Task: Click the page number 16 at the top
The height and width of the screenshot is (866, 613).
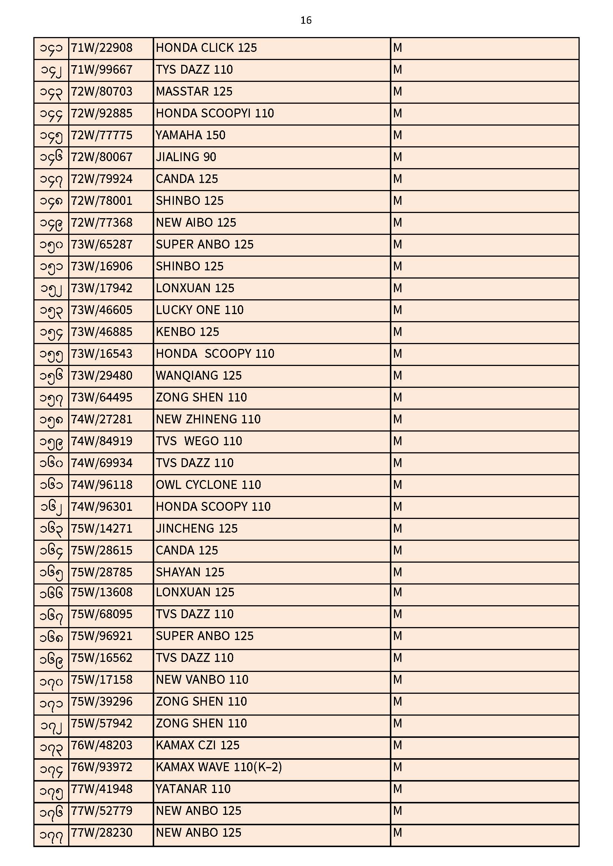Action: click(306, 20)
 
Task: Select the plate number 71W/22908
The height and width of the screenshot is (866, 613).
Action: click(102, 48)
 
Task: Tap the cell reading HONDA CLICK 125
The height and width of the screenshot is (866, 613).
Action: click(206, 48)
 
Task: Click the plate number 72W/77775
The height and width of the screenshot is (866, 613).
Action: click(102, 136)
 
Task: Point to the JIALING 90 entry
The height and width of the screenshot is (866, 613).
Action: click(186, 157)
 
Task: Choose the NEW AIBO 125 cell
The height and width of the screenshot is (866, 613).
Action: click(196, 223)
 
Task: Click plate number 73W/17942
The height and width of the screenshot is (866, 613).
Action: click(102, 289)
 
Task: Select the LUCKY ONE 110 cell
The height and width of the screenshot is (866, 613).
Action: click(200, 310)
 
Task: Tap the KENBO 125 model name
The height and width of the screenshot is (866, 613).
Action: click(187, 332)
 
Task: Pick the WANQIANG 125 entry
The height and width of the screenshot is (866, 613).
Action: click(199, 376)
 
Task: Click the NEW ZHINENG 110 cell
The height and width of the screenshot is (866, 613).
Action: click(208, 419)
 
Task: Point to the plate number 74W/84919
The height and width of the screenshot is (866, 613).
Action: click(102, 441)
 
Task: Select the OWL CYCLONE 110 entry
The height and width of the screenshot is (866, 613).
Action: click(208, 485)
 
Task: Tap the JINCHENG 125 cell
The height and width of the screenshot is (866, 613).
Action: click(197, 529)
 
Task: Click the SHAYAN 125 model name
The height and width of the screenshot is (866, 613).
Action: click(190, 573)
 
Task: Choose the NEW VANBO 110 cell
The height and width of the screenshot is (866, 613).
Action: click(202, 680)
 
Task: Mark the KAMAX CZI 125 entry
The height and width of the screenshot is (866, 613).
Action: click(198, 746)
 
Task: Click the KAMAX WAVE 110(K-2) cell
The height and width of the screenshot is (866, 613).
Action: click(219, 767)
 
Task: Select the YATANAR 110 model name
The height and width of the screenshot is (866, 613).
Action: click(193, 789)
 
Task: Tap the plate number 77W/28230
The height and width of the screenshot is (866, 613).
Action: click(102, 833)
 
